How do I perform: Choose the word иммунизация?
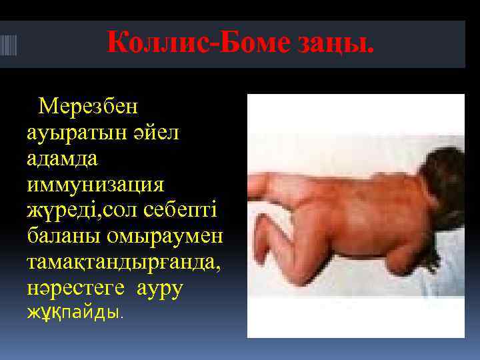(x=97, y=183)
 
